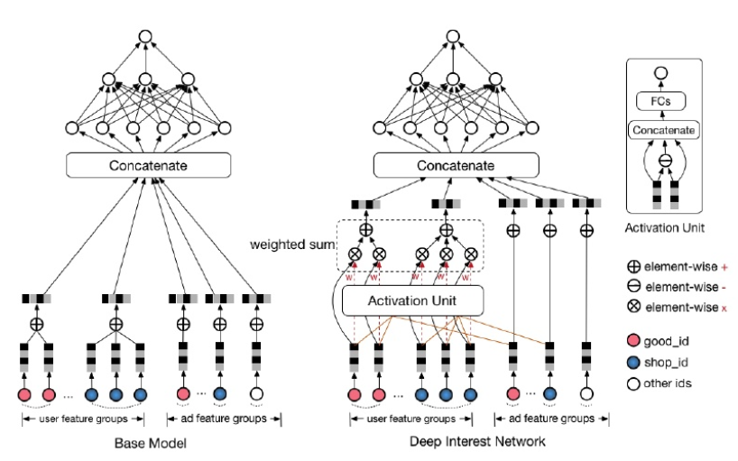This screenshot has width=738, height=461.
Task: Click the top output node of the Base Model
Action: (143, 37)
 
